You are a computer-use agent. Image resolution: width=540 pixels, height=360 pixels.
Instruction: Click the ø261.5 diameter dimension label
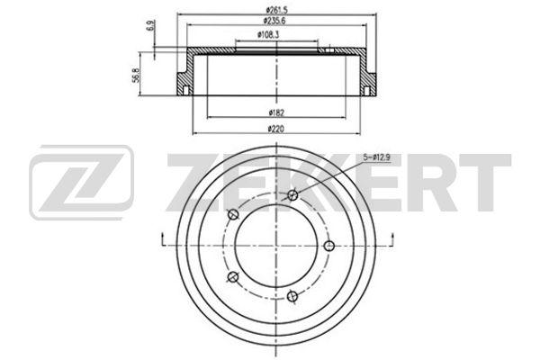click(276, 10)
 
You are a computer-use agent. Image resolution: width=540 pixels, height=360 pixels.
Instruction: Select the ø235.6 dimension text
click(274, 21)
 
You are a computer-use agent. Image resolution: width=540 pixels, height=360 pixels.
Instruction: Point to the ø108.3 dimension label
click(268, 34)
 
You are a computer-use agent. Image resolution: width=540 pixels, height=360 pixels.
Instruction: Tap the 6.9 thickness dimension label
click(150, 26)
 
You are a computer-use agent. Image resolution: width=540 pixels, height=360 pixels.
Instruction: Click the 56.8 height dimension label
click(136, 75)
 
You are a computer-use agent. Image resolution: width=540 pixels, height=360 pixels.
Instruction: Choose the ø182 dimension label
click(276, 112)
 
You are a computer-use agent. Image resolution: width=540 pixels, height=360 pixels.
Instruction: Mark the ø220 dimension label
click(276, 129)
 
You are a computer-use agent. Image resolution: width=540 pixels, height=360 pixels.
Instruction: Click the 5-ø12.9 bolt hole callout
click(376, 157)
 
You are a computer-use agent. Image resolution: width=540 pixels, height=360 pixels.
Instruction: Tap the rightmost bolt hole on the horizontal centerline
click(329, 246)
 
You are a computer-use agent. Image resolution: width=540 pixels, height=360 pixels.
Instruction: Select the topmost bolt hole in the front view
click(292, 195)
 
